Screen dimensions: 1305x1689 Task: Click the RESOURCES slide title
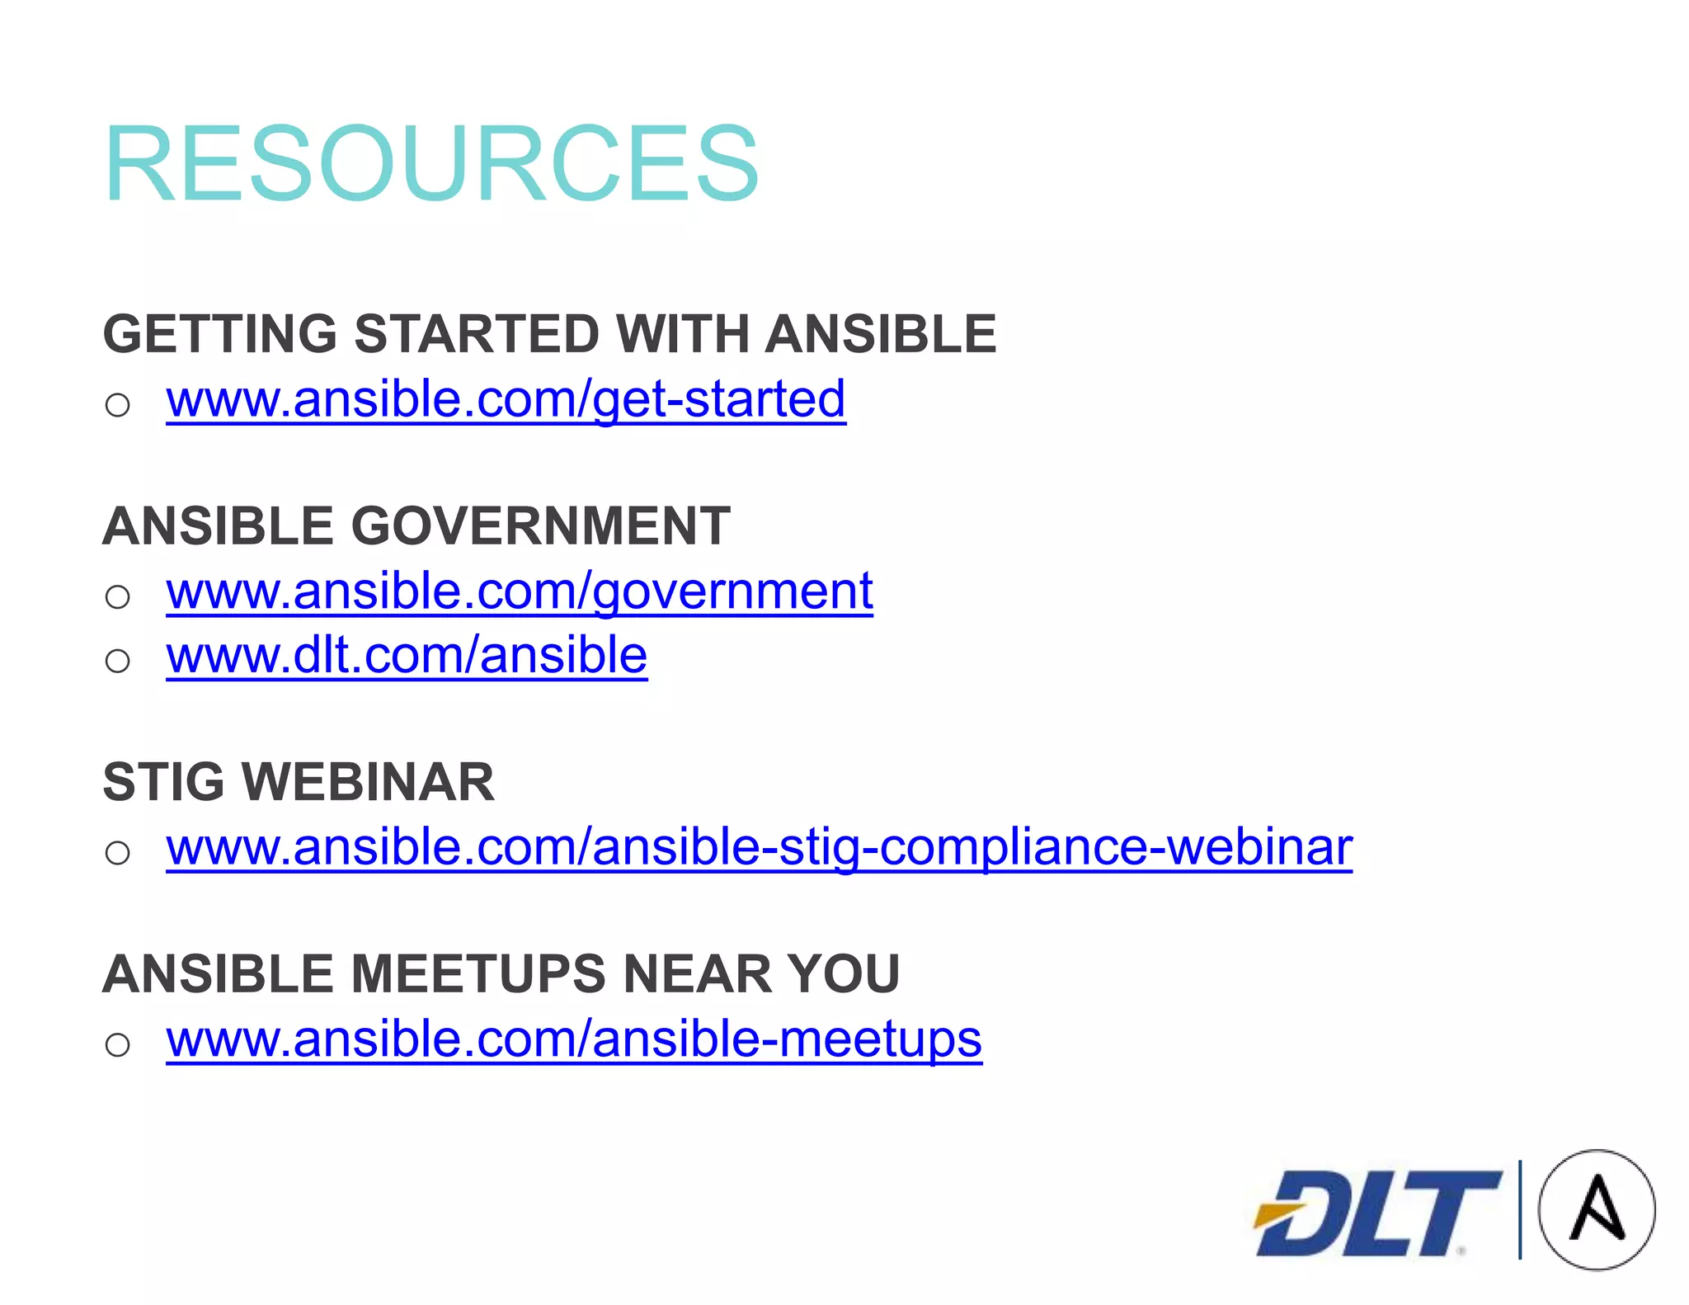pos(430,163)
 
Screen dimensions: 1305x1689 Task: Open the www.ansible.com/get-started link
pos(506,399)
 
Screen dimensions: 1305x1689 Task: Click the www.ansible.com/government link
pos(519,591)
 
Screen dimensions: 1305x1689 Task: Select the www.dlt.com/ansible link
pos(407,656)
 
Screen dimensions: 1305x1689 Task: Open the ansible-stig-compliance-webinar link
pos(759,847)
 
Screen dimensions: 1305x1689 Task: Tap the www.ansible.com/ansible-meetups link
pos(574,1039)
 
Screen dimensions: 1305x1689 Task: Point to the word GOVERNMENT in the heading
pos(541,526)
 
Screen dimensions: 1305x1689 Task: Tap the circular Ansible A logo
pos(1597,1209)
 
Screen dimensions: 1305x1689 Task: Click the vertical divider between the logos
pos(1520,1209)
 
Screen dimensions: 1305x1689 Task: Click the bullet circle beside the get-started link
pos(118,405)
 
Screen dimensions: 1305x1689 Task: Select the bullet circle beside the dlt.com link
pos(118,661)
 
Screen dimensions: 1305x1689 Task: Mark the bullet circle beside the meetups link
pos(118,1045)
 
